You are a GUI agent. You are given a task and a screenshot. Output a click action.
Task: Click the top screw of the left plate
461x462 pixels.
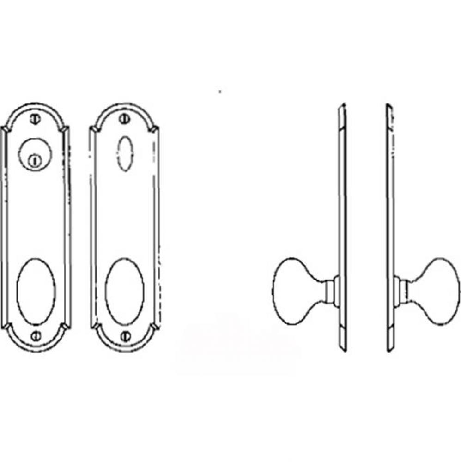(x=35, y=118)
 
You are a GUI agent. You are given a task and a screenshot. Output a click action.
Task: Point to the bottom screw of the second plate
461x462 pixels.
(x=123, y=336)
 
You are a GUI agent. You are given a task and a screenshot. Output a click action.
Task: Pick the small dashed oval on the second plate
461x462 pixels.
(x=124, y=154)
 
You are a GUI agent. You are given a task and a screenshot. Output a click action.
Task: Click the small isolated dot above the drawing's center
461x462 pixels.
(x=220, y=91)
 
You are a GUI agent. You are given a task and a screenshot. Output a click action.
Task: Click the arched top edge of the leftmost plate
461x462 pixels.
(x=35, y=105)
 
